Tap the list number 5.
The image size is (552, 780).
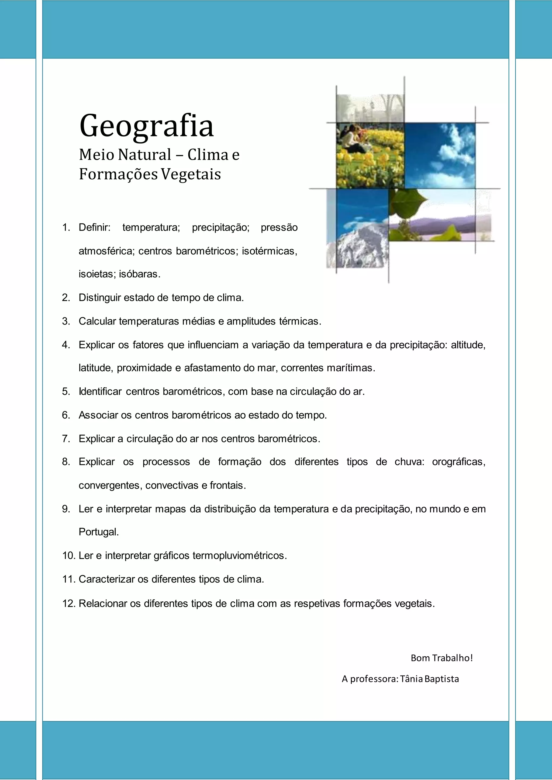66,392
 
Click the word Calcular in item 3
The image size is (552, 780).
97,321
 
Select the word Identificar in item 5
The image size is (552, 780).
100,392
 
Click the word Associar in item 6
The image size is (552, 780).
98,415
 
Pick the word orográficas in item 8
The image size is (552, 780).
458,462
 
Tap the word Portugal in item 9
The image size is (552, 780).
99,532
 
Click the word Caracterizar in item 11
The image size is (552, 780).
107,579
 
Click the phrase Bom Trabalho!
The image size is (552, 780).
441,658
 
